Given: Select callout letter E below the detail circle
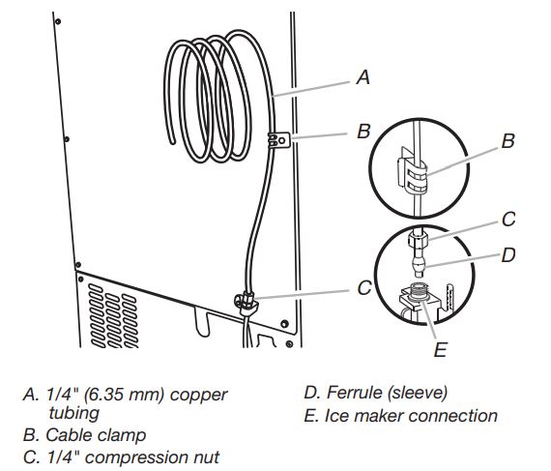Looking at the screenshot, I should pos(440,350).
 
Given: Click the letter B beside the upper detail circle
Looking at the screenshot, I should pos(508,141).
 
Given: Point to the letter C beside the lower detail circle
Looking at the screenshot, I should pos(508,220).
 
